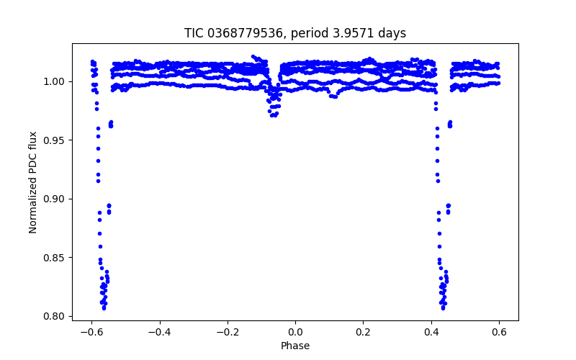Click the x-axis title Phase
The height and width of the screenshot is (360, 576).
(x=295, y=346)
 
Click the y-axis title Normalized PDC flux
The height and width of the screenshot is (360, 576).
(x=33, y=181)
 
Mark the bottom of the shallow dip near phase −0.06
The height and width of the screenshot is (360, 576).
(x=274, y=115)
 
